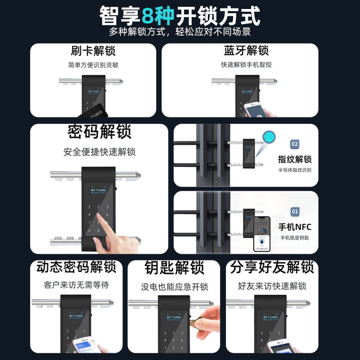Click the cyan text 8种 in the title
(x=158, y=17)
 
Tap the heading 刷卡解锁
(x=93, y=50)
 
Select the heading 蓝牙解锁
(x=246, y=50)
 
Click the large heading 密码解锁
(x=99, y=132)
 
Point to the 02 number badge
(x=295, y=144)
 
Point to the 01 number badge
(x=295, y=211)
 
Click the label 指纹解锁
(x=295, y=159)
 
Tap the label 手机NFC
(x=295, y=226)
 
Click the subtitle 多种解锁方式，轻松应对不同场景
(x=180, y=32)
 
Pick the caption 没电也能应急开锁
(x=174, y=287)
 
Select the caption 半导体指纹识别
(x=295, y=170)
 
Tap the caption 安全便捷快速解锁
(x=99, y=152)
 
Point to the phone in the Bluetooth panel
(x=255, y=110)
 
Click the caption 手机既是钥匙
(x=295, y=238)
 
